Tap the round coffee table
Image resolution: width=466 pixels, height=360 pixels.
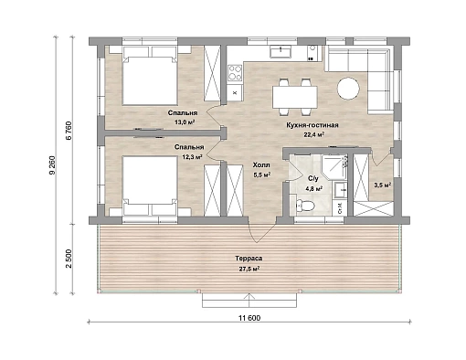pos(348,88)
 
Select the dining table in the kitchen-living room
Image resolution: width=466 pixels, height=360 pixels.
pos(295,97)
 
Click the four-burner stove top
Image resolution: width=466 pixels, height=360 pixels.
pos(235,73)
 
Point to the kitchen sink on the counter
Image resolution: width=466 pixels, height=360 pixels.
pos(281,51)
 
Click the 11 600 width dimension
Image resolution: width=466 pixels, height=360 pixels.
pos(249,318)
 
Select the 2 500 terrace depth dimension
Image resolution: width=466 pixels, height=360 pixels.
pos(69,259)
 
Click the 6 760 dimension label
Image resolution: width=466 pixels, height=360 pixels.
pos(69,131)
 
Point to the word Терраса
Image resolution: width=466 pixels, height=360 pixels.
pos(249,259)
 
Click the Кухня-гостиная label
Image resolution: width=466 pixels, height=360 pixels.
pos(312,125)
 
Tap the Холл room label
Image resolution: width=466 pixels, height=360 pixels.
pos(261,165)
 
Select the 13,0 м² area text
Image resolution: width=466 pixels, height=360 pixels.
pos(185,122)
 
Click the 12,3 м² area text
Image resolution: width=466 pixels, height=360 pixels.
pos(192,157)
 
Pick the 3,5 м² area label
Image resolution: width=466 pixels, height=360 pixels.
pos(382,185)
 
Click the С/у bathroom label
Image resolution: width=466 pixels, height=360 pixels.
pos(313,178)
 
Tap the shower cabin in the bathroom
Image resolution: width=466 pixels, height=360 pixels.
pos(334,167)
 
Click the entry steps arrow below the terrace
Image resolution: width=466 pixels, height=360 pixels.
pos(249,301)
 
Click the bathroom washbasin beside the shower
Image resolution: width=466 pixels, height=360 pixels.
pos(340,190)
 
